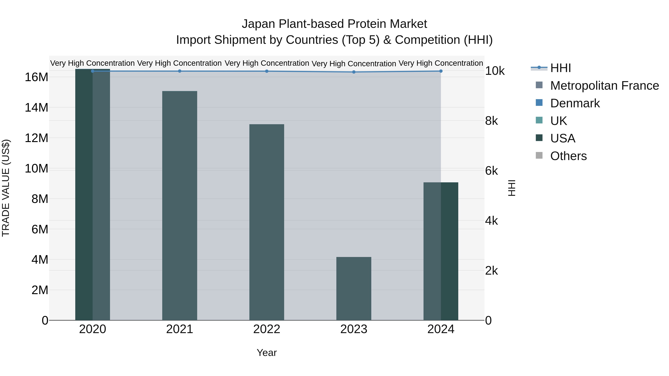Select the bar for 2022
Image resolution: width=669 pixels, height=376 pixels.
click(266, 222)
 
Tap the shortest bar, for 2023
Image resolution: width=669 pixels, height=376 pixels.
click(353, 288)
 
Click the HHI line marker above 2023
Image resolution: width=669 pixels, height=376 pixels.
click(354, 72)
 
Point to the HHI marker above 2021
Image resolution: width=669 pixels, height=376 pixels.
click(180, 71)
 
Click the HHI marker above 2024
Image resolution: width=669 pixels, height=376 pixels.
click(441, 71)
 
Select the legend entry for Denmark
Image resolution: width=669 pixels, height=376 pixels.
click(575, 103)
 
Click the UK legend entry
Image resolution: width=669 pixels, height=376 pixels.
click(558, 121)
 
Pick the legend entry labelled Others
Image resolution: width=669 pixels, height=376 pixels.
click(568, 156)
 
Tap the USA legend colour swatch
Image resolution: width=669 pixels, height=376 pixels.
click(539, 138)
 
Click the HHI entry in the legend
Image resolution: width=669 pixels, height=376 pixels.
click(560, 68)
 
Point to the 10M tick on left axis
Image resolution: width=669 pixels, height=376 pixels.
click(36, 169)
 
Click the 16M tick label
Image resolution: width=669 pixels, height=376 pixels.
click(36, 77)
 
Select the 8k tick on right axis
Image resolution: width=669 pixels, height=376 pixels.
click(491, 121)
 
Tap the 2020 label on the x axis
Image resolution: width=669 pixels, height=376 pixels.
click(93, 329)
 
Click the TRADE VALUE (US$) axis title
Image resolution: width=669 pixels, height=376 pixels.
click(6, 188)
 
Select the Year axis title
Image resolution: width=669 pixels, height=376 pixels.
click(266, 353)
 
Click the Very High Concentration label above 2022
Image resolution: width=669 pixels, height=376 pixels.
click(266, 63)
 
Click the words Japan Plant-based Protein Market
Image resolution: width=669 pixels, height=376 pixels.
click(334, 24)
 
